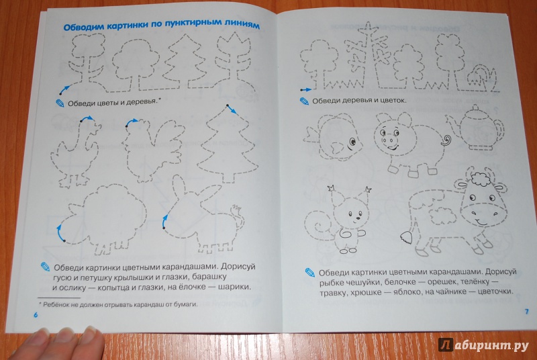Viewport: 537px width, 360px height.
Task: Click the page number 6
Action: pos(36,315)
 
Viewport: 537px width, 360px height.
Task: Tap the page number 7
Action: pos(527,312)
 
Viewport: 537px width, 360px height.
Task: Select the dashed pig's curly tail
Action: pos(446,140)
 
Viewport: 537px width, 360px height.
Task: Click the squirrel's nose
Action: pos(357,218)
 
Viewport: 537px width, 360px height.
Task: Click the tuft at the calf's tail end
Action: pos(406,237)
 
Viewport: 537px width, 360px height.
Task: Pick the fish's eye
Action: pos(352,141)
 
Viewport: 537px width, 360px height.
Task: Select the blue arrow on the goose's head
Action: pos(87,118)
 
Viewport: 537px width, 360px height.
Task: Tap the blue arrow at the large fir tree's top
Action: pos(231,109)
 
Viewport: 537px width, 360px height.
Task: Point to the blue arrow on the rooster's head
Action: pos(132,122)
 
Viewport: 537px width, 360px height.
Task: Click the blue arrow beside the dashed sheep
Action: pos(60,233)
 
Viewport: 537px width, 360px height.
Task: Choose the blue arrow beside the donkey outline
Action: pos(164,221)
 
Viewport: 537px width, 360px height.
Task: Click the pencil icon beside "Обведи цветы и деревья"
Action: pos(60,103)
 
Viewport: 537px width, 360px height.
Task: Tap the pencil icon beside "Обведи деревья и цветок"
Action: pos(304,101)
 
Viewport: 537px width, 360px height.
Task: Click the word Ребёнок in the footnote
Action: pos(56,304)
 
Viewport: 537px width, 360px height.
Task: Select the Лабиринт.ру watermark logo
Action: pos(483,345)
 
